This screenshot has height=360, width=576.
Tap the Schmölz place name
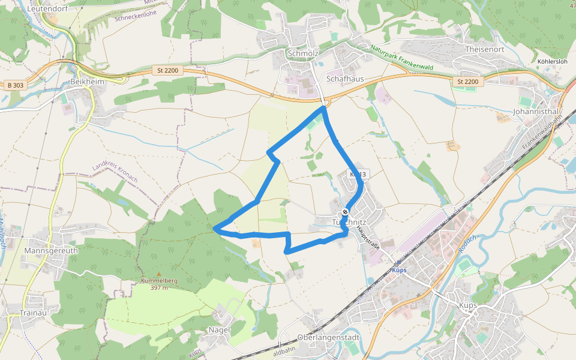(302, 53)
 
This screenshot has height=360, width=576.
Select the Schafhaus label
(345, 79)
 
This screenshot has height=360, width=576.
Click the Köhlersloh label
(552, 62)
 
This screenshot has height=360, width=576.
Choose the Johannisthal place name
(536, 112)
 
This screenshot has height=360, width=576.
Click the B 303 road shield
(16, 85)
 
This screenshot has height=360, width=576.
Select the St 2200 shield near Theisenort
(467, 81)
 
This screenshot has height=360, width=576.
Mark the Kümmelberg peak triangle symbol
(158, 274)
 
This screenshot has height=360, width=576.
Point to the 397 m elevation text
(158, 287)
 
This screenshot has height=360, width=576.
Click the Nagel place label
(219, 330)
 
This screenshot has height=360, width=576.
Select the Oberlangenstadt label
(328, 338)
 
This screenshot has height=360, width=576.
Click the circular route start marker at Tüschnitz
(345, 213)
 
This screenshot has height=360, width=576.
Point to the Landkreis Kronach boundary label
(115, 173)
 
